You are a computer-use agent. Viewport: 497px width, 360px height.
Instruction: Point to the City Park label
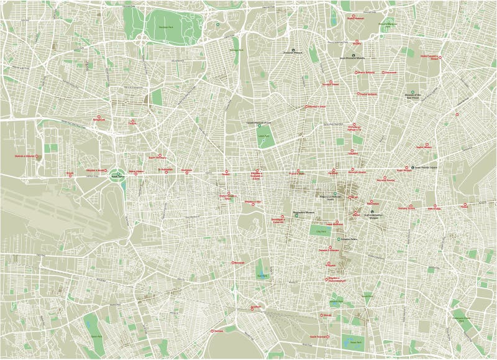[x=321, y=231]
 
